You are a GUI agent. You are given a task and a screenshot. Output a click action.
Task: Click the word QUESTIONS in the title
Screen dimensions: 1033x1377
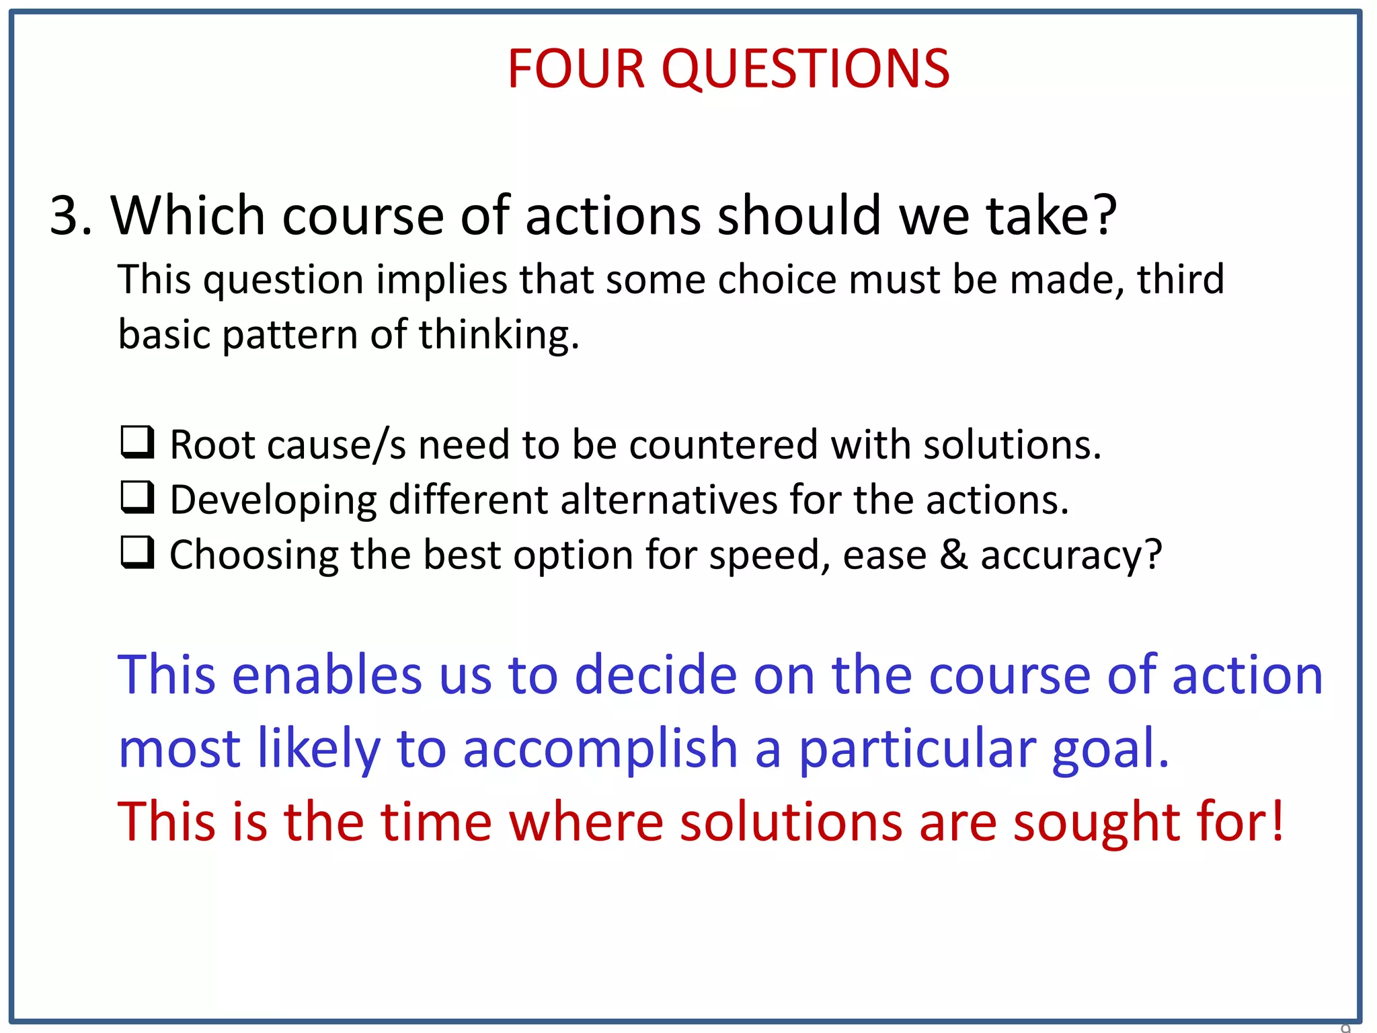[x=805, y=70]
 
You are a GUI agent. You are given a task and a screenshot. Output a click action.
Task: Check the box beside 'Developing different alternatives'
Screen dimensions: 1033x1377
[x=138, y=498]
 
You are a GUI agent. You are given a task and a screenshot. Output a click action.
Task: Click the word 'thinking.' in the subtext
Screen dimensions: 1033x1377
[x=499, y=334]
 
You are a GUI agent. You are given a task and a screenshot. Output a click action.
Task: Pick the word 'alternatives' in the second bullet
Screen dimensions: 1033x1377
[x=669, y=500]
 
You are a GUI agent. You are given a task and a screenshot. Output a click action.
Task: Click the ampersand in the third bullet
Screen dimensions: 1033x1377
[x=954, y=555]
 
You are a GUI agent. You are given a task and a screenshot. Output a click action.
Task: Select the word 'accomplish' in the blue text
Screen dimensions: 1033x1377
[x=600, y=749]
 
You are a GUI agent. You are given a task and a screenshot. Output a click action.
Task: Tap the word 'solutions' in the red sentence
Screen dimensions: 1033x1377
[x=791, y=822]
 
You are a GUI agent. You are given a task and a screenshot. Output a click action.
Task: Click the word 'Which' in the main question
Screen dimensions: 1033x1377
[x=188, y=216]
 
